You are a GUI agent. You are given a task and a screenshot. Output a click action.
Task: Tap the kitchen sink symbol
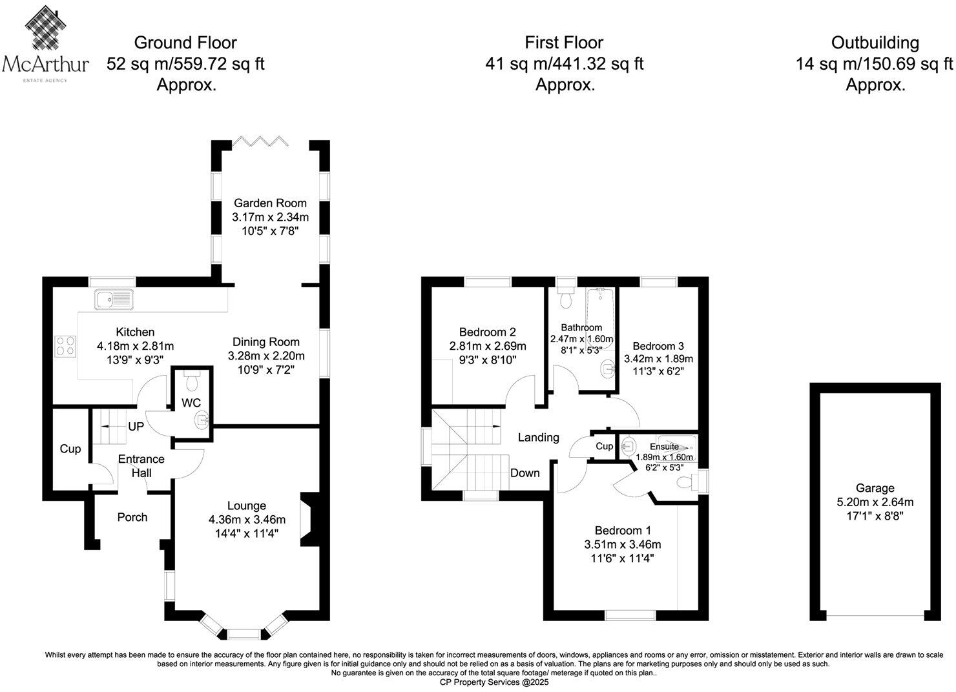click(114, 299)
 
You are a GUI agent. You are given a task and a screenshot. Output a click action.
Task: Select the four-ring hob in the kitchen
click(65, 345)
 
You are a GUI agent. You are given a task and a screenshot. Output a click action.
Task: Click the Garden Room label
click(270, 203)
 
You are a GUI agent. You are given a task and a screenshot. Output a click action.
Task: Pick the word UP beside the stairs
click(136, 427)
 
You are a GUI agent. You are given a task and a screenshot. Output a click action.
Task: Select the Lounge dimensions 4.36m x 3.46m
click(247, 520)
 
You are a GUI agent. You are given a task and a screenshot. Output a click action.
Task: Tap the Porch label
click(132, 517)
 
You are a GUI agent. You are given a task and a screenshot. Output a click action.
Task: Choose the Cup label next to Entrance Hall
click(70, 449)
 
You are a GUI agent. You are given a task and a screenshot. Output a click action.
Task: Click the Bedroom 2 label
click(487, 332)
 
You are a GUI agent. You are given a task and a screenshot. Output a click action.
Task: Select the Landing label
click(538, 437)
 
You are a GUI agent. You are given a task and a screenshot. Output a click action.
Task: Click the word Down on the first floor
click(525, 473)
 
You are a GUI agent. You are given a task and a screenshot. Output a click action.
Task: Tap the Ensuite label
click(664, 446)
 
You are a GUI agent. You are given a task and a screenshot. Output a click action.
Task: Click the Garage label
click(875, 488)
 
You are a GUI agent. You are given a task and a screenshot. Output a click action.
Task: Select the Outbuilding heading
click(875, 43)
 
